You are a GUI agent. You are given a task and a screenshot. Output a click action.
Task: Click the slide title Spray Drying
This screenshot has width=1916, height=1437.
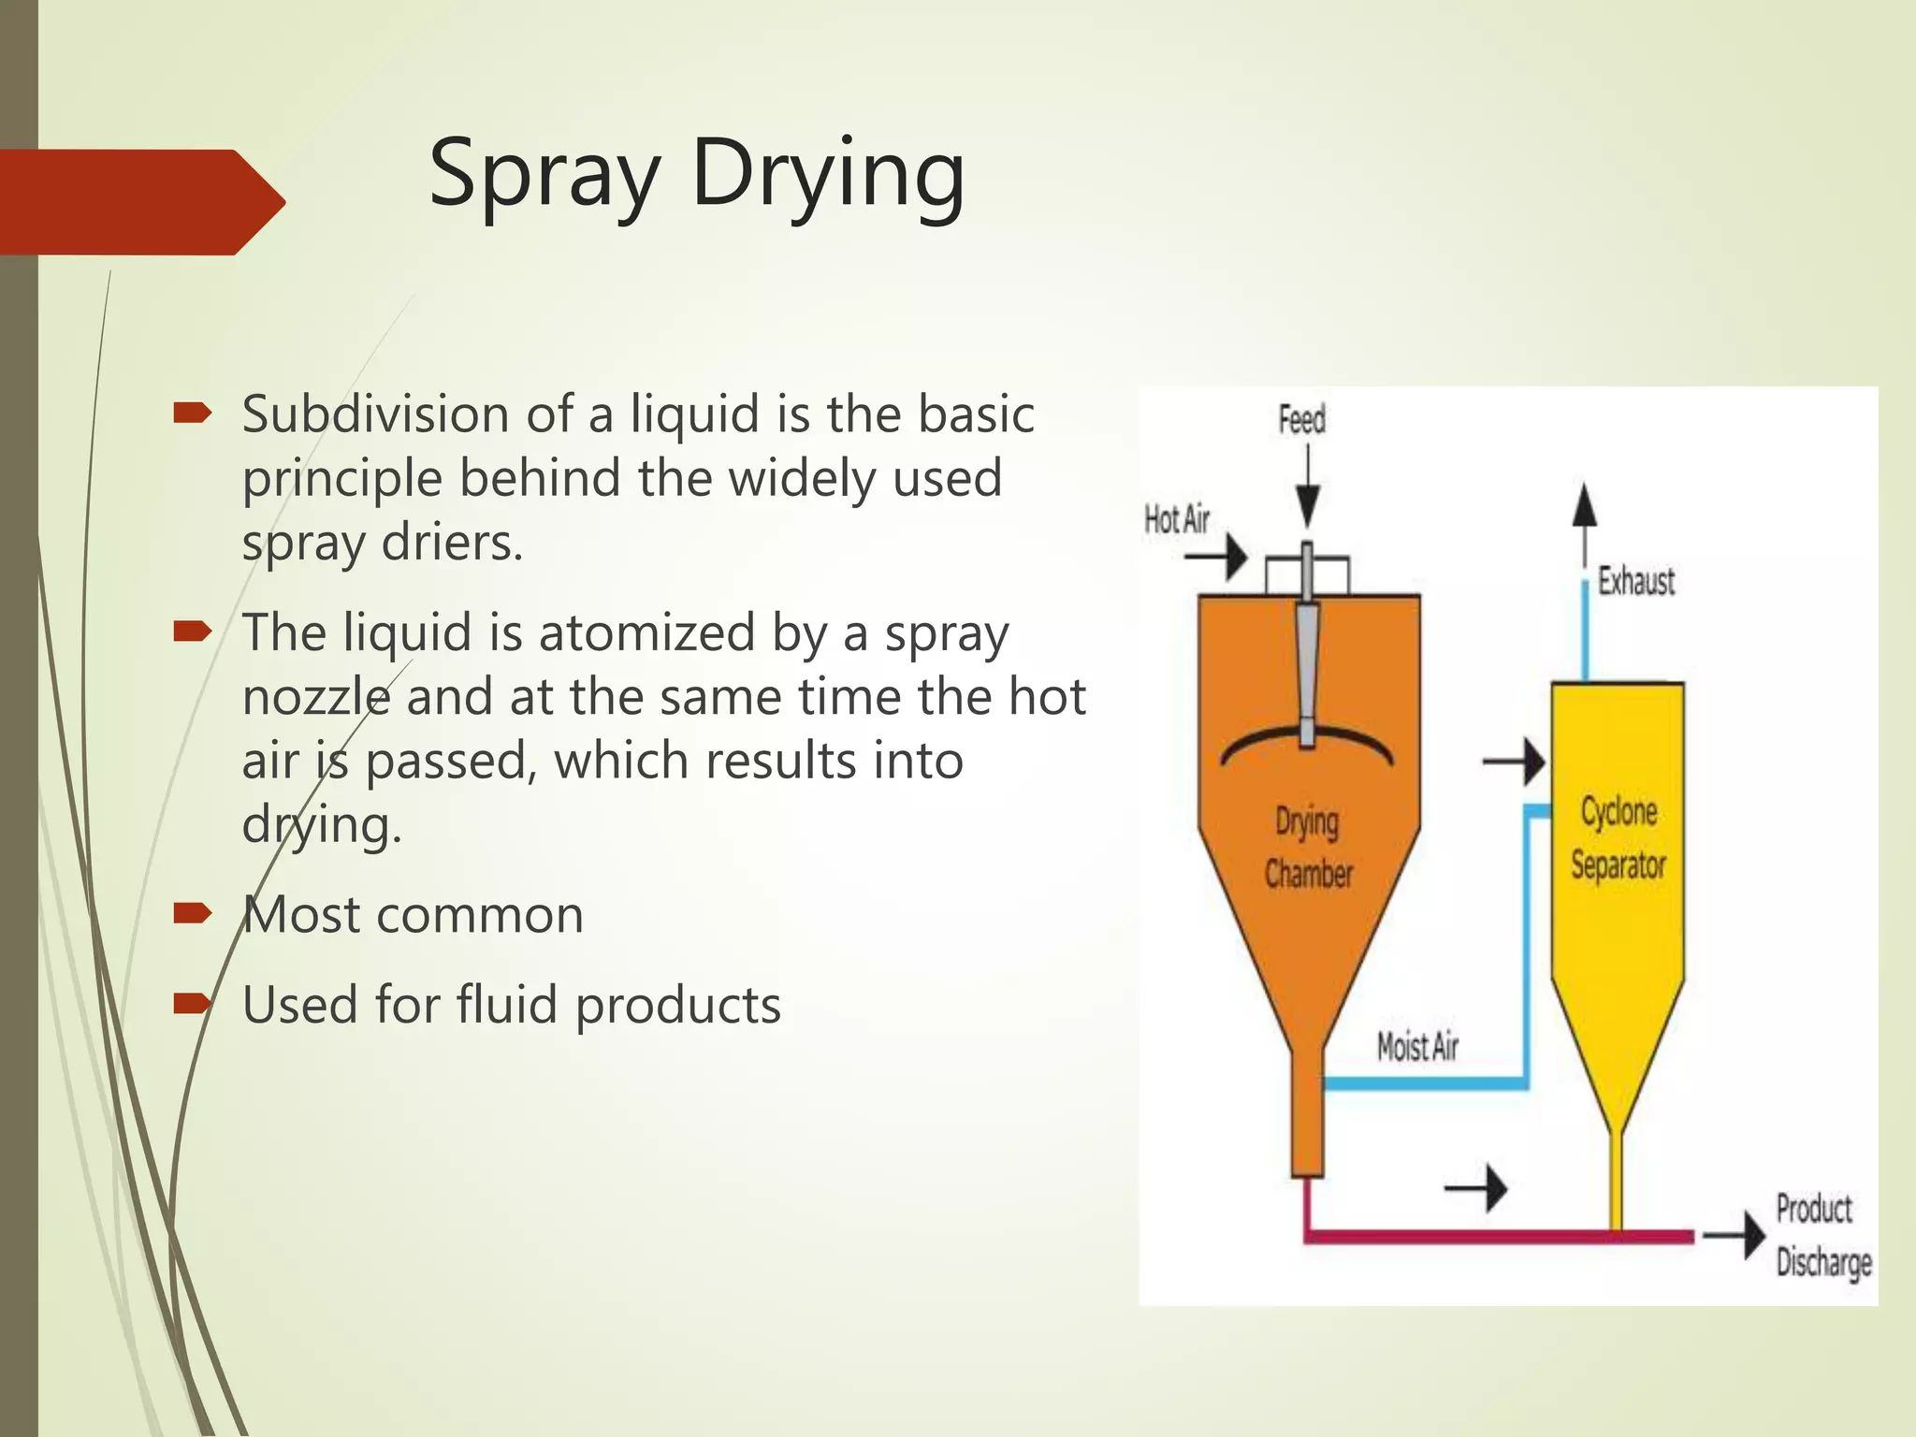pos(696,175)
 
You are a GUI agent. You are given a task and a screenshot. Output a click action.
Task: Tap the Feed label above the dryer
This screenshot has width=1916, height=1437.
pos(1302,420)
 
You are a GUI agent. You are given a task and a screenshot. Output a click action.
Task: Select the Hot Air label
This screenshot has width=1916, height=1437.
pos(1177,519)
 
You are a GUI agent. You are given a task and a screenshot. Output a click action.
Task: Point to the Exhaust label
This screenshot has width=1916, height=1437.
pos(1635,581)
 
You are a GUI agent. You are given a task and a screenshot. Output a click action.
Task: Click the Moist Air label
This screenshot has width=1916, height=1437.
pos(1417,1047)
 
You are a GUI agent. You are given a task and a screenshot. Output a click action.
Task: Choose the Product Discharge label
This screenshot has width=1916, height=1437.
pos(1822,1235)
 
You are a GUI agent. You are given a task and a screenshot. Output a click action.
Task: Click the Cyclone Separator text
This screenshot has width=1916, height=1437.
pos(1618,837)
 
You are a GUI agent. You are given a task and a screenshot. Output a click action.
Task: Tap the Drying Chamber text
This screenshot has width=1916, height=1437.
pos(1308,848)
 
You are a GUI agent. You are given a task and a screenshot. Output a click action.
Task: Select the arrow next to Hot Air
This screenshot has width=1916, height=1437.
pos(1216,559)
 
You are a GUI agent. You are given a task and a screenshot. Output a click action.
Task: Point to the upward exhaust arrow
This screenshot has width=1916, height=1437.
pos(1584,524)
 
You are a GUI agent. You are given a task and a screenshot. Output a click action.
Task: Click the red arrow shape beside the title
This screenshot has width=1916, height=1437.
pos(140,201)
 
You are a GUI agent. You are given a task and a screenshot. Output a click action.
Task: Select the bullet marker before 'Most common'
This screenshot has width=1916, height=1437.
pos(192,913)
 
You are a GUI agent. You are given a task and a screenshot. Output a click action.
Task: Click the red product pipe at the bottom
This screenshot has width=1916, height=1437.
pos(1497,1237)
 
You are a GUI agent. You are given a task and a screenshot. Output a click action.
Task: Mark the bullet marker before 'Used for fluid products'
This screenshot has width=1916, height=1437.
pos(192,1004)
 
